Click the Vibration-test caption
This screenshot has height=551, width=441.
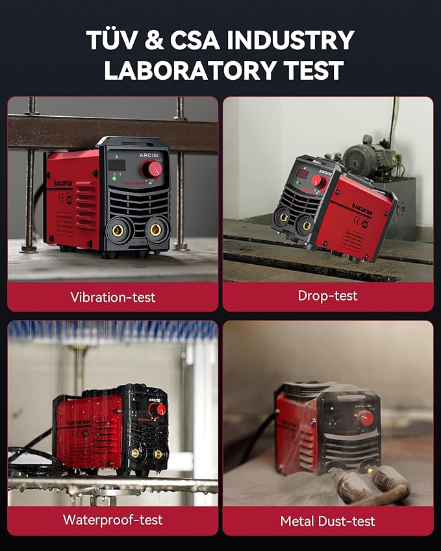pyautogui.click(x=113, y=297)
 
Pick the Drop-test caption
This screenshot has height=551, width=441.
pyautogui.click(x=328, y=296)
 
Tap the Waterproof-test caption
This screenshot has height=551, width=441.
pyautogui.click(x=113, y=520)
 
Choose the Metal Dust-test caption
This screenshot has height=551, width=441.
pyautogui.click(x=328, y=520)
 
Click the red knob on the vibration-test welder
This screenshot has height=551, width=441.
pyautogui.click(x=152, y=169)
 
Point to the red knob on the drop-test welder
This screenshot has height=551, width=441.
pyautogui.click(x=318, y=181)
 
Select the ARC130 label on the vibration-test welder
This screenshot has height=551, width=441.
pyautogui.click(x=150, y=156)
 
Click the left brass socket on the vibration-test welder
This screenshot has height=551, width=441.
pyautogui.click(x=121, y=229)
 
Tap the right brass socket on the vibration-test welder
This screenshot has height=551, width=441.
pyautogui.click(x=156, y=230)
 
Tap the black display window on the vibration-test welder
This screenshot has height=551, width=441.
pyautogui.click(x=117, y=165)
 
